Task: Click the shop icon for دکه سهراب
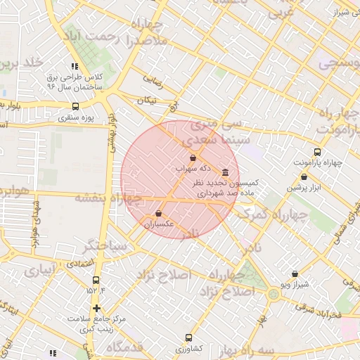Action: tap(193, 158)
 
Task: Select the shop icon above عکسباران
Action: tap(158, 214)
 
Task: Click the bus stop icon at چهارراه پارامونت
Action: tap(317, 152)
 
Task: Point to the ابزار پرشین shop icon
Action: tap(304, 177)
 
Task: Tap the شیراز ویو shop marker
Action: tap(294, 274)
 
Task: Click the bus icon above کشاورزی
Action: tap(188, 337)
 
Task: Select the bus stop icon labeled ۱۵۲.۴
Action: tap(96, 280)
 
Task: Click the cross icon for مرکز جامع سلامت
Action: tap(96, 308)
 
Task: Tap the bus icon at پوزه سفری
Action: tap(75, 107)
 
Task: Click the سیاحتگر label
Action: tap(106, 247)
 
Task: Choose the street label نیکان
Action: tap(146, 101)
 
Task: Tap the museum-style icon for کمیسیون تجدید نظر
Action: tap(225, 172)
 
